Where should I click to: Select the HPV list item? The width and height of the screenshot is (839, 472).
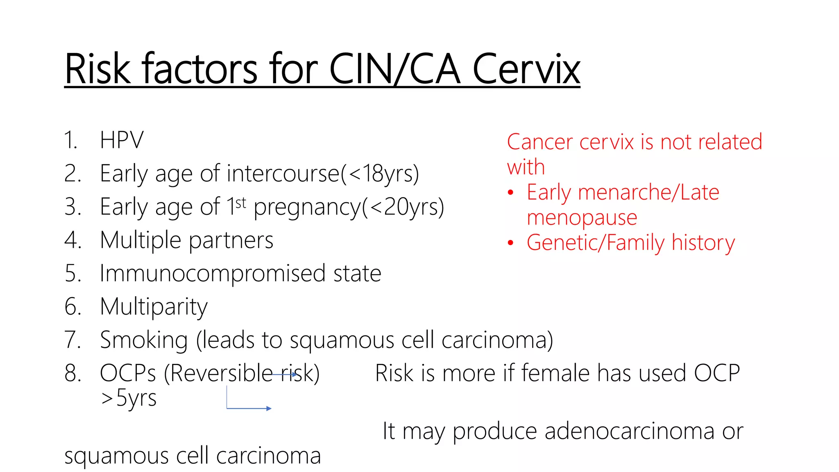click(122, 140)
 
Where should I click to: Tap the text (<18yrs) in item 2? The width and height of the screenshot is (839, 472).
click(380, 173)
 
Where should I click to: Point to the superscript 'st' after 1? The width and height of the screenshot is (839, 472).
click(241, 202)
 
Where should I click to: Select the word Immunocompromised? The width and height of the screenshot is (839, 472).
click(213, 273)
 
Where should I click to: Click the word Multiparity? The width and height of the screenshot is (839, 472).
click(154, 307)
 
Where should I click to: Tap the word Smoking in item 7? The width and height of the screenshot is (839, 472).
click(144, 340)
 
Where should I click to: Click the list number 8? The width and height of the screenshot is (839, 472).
click(73, 373)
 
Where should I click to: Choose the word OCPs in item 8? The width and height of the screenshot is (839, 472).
click(128, 373)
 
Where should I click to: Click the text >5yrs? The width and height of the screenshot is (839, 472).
click(129, 398)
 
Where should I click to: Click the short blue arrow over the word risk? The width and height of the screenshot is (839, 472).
click(284, 374)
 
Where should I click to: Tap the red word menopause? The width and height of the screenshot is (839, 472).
click(582, 218)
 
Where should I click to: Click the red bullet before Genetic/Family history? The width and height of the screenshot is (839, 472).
click(510, 243)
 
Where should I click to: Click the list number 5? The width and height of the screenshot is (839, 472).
click(73, 273)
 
